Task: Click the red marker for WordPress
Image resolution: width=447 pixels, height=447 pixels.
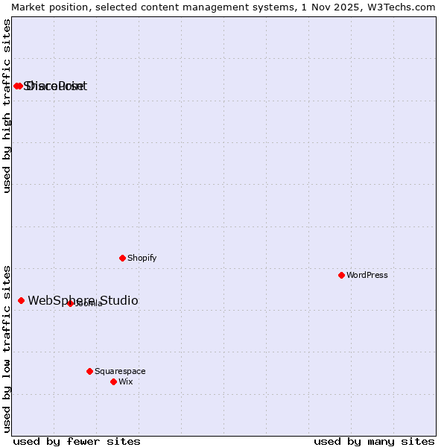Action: [x=341, y=275]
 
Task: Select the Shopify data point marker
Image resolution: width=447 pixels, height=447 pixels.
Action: [x=122, y=258]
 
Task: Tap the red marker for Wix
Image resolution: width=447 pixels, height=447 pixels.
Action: [x=113, y=381]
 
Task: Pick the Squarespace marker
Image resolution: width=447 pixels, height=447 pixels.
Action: [x=89, y=371]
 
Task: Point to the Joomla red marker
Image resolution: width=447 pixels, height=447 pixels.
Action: [x=70, y=303]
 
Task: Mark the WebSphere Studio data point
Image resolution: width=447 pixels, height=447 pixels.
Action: [x=21, y=300]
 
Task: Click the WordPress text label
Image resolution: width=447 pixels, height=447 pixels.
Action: [x=367, y=275]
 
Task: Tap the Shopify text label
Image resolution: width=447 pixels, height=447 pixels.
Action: [x=142, y=258]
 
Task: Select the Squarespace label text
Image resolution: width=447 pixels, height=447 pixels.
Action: [x=120, y=371]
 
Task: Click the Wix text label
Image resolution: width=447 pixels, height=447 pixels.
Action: [x=125, y=381]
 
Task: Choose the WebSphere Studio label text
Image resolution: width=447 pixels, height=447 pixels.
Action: [x=83, y=300]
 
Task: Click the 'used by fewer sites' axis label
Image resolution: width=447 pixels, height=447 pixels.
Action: [x=77, y=441]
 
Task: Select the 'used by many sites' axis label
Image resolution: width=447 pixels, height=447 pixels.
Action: [x=374, y=441]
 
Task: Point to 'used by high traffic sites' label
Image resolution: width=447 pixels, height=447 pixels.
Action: [x=7, y=106]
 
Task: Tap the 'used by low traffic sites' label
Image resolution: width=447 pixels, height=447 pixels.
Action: [x=7, y=348]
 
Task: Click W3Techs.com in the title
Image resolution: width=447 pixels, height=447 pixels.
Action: [x=398, y=7]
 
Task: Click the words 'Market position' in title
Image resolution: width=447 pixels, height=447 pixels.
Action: [x=46, y=7]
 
